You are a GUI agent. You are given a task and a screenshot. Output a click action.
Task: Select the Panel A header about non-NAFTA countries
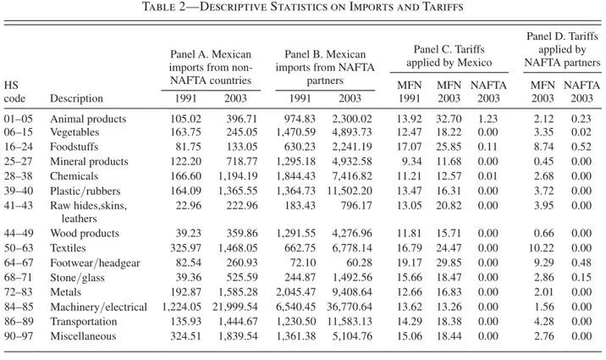pyautogui.click(x=211, y=67)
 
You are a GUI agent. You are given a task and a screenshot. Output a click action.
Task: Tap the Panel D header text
pyautogui.click(x=562, y=49)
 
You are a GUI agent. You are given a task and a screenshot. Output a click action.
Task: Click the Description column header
pyautogui.click(x=76, y=98)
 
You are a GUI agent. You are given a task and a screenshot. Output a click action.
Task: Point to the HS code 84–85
pyautogui.click(x=19, y=307)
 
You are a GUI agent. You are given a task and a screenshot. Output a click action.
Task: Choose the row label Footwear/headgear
pyautogui.click(x=95, y=263)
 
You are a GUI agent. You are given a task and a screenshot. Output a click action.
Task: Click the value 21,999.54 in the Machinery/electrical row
pyautogui.click(x=234, y=307)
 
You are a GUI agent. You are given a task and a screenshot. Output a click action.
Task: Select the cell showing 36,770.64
pyautogui.click(x=350, y=307)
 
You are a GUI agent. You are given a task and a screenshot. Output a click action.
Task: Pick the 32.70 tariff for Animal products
pyautogui.click(x=449, y=119)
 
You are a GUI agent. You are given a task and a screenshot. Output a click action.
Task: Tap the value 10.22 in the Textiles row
pyautogui.click(x=542, y=248)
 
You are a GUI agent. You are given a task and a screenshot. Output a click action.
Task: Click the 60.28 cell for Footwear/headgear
pyautogui.click(x=359, y=263)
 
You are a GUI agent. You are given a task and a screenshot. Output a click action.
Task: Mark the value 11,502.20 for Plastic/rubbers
pyautogui.click(x=350, y=191)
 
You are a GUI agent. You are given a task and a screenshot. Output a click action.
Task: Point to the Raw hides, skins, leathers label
pyautogui.click(x=89, y=212)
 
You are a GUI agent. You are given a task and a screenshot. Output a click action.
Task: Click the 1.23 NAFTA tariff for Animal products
pyautogui.click(x=488, y=119)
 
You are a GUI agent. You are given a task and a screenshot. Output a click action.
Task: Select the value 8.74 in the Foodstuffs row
pyautogui.click(x=543, y=147)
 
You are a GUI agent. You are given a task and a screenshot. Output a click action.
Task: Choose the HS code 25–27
pyautogui.click(x=19, y=162)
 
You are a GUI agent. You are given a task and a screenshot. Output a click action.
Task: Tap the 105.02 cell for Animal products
pyautogui.click(x=185, y=119)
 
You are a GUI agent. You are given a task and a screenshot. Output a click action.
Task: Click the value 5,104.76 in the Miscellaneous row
pyautogui.click(x=352, y=336)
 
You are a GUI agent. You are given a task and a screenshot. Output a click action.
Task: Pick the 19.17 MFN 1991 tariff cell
pyautogui.click(x=409, y=263)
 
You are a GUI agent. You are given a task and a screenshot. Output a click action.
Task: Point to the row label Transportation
pyautogui.click(x=84, y=322)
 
